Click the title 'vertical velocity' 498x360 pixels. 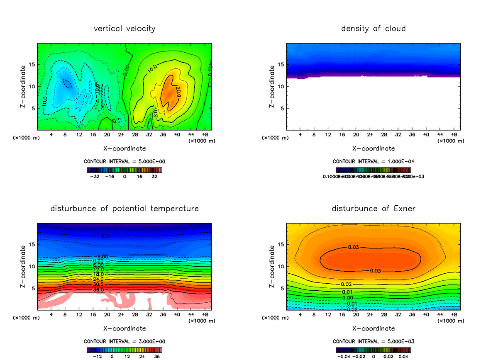click(x=124, y=29)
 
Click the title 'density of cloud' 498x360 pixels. click(x=373, y=29)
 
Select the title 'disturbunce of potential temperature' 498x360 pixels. click(x=124, y=208)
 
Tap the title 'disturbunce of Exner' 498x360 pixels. click(x=373, y=208)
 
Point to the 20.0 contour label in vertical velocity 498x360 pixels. click(x=178, y=92)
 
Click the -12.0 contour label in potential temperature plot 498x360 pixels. click(x=103, y=236)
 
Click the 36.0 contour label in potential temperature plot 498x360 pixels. click(x=98, y=289)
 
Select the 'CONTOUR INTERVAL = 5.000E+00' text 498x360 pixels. click(x=124, y=161)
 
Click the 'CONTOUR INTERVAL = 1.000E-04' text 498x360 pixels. click(x=373, y=161)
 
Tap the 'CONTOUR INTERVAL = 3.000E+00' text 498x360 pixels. click(x=124, y=341)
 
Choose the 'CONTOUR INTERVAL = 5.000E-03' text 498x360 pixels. click(x=373, y=341)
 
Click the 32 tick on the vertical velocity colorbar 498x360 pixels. click(x=154, y=176)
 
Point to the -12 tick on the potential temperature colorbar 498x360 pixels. click(x=97, y=356)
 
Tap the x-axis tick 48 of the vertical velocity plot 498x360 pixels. click(x=205, y=135)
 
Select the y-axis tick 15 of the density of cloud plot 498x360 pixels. click(x=282, y=65)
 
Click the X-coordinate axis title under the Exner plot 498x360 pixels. click(x=373, y=328)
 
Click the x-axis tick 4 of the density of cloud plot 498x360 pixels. click(x=300, y=135)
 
